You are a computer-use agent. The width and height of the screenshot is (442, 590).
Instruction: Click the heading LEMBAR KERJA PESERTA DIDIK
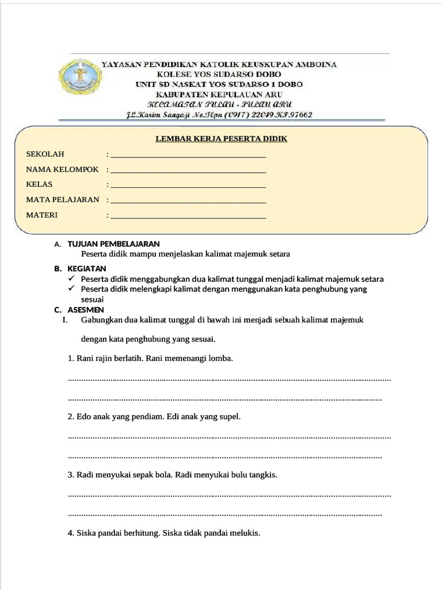tap(221, 139)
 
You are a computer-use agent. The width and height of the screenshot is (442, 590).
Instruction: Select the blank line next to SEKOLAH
tap(188, 156)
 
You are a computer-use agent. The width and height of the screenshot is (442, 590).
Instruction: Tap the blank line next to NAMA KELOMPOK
tap(188, 172)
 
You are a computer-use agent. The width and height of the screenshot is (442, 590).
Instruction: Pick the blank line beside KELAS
tap(188, 187)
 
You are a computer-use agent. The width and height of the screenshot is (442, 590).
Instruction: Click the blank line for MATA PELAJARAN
tap(188, 202)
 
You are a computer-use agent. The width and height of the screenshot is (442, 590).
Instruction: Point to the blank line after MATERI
tap(188, 217)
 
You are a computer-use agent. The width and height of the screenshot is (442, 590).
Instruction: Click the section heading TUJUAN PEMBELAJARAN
tap(113, 244)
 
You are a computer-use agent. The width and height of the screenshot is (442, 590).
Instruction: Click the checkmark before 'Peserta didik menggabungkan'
tap(71, 279)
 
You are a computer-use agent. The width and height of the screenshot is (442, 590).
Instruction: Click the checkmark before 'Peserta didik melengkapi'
tap(71, 289)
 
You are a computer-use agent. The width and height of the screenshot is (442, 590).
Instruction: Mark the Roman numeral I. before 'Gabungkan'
tap(65, 320)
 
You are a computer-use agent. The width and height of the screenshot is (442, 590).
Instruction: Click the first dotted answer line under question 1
tap(229, 380)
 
